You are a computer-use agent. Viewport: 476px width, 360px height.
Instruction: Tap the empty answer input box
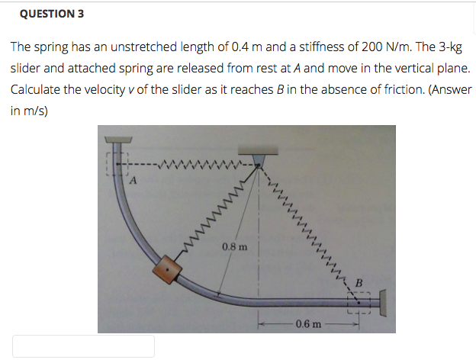coord(83,346)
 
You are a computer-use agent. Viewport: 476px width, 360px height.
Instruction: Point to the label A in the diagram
coord(133,181)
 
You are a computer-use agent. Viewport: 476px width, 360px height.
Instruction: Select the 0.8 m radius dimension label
coord(234,246)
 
